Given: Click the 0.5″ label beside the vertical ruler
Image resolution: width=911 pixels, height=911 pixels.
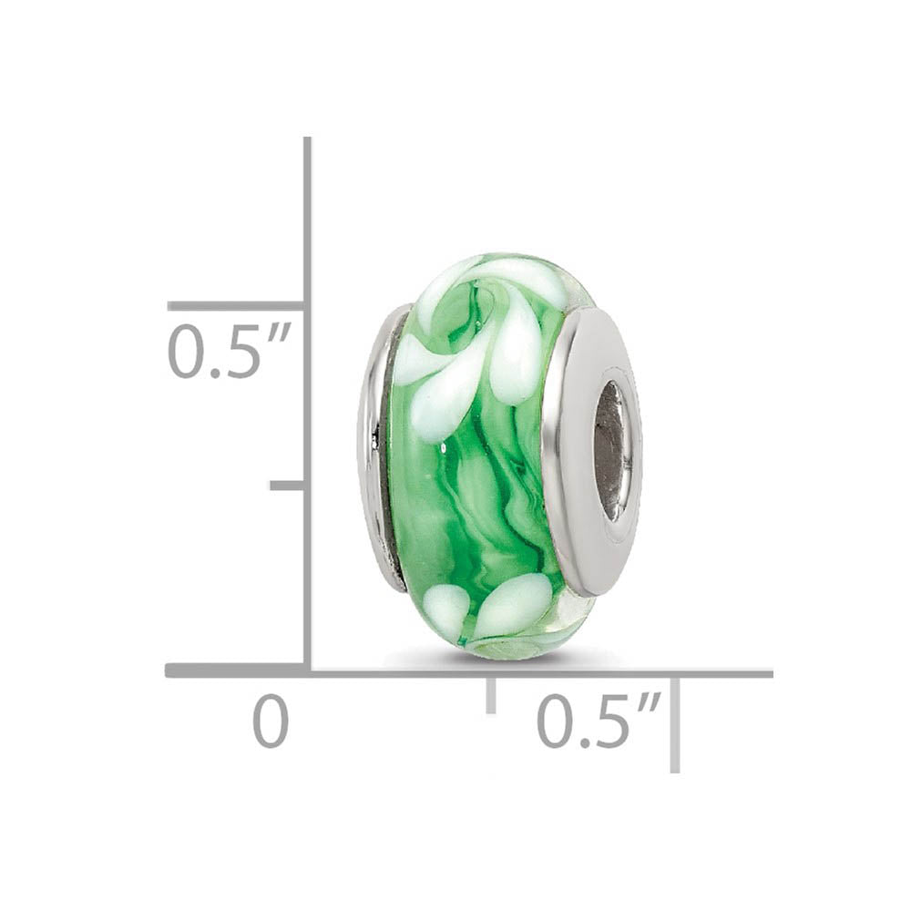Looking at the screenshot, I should pos(228,352).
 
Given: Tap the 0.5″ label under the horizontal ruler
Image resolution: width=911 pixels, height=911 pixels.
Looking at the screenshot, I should pos(597,720).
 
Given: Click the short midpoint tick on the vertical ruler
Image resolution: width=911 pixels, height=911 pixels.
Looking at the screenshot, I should pos(288,485).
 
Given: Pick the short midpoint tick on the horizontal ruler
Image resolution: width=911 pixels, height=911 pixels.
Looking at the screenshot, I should pos(491,694).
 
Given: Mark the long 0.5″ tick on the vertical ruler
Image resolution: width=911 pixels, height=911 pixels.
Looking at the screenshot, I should pos(235,306).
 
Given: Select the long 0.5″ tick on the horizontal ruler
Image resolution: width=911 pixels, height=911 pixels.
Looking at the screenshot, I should pos(675,724).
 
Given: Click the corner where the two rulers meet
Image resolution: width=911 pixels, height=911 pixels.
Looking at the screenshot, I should pos(307,671).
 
